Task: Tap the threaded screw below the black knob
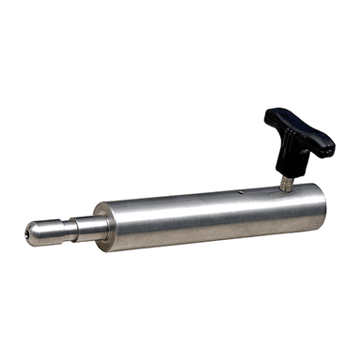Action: (284, 177)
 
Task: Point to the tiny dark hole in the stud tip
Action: (29, 234)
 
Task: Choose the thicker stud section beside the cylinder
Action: (85, 229)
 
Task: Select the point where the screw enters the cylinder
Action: (283, 187)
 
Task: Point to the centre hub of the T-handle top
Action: (298, 130)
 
